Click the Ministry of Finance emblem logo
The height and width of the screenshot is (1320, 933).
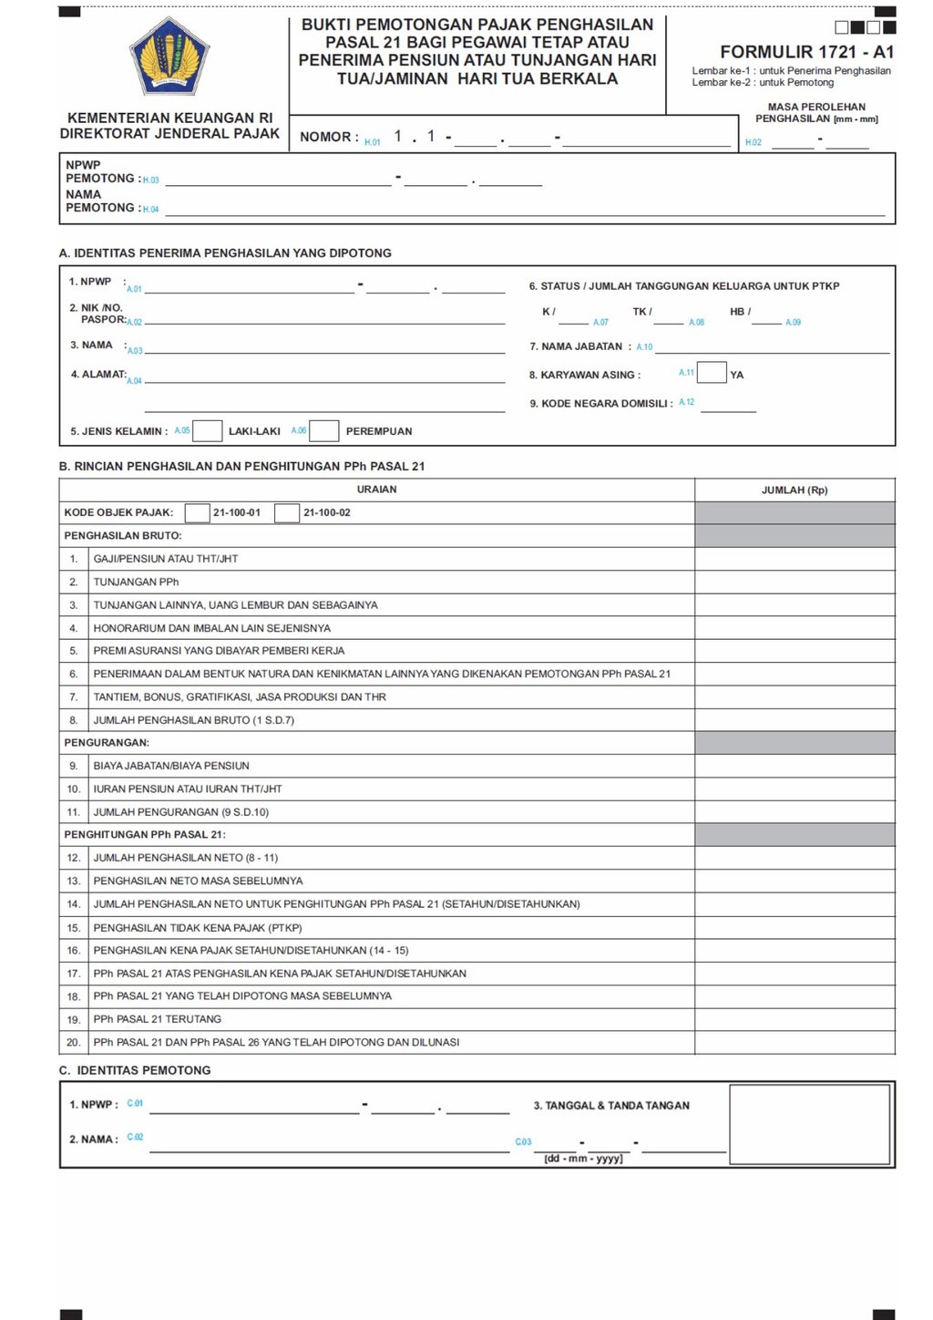[169, 56]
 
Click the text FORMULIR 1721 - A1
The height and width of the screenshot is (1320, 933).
[806, 52]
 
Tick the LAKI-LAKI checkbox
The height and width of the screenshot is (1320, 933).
[208, 431]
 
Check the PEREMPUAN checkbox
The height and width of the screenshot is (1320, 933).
[324, 431]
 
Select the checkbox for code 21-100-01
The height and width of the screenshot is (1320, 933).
[197, 512]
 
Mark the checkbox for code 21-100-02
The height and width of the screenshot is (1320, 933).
[287, 512]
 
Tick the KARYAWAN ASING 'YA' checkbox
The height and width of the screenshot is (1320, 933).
[712, 373]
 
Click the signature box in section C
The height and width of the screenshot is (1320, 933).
[809, 1123]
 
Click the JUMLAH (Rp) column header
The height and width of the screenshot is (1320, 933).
[795, 490]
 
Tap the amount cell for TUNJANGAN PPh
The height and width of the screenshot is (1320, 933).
[795, 582]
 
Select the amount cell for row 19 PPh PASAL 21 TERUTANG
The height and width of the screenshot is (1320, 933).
[795, 1019]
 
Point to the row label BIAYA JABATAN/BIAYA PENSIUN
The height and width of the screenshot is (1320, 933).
[171, 766]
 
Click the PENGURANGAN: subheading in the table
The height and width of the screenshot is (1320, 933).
[107, 743]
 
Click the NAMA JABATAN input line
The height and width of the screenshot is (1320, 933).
[772, 348]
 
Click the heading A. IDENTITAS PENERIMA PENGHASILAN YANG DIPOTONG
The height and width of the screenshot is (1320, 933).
[225, 253]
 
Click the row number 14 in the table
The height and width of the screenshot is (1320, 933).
[74, 904]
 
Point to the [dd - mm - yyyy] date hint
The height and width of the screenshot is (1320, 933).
[583, 1159]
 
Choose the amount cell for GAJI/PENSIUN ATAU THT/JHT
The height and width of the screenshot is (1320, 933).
[795, 559]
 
